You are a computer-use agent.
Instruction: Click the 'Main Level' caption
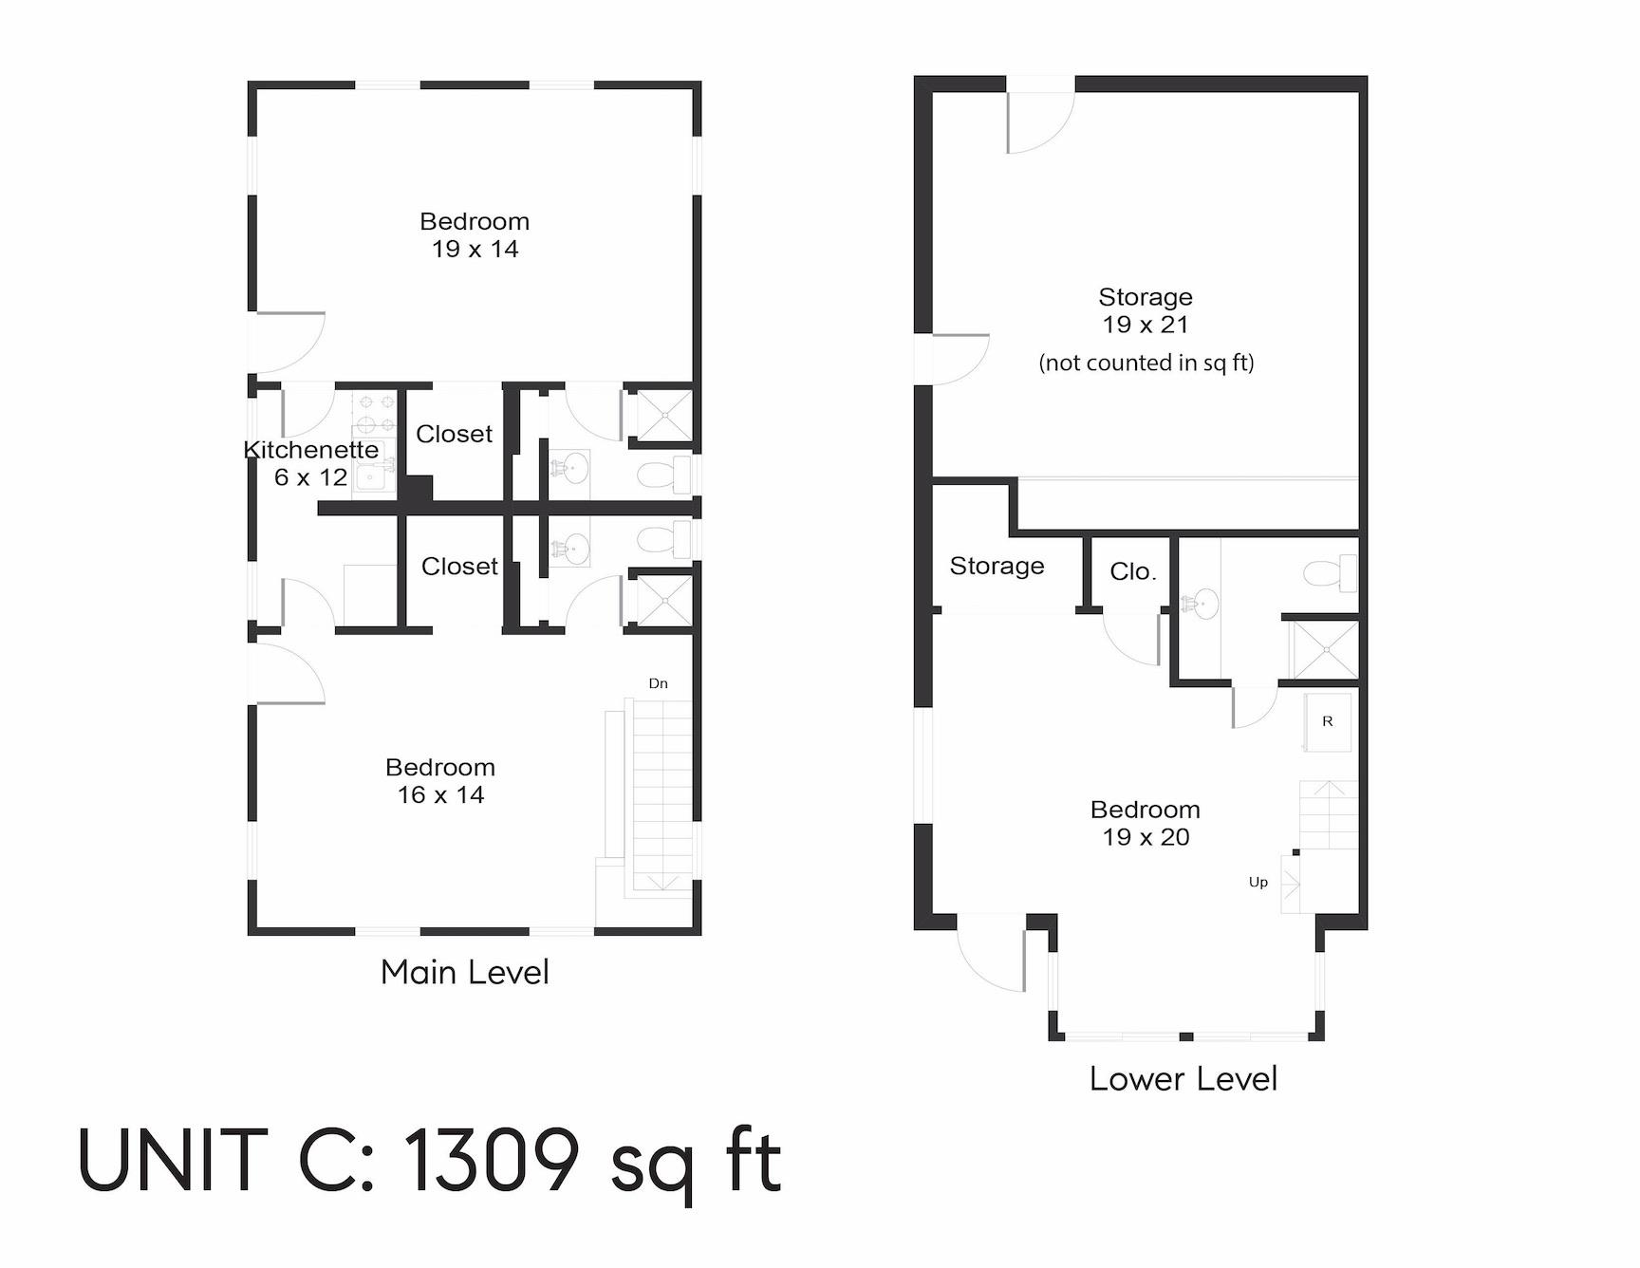464,972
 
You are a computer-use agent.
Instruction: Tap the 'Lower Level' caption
1183,1079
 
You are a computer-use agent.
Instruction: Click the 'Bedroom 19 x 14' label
475,235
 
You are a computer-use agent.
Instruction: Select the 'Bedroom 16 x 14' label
440,781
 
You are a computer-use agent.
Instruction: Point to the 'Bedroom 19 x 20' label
1146,823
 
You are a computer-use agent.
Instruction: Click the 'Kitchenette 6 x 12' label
310,463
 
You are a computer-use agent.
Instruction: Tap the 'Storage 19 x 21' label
1146,310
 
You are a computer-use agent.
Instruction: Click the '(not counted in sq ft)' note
1146,363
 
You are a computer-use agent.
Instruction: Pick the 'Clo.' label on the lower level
1132,571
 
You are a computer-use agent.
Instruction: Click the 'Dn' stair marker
658,683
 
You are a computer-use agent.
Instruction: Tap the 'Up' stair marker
1258,882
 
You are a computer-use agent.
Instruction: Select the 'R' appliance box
1328,721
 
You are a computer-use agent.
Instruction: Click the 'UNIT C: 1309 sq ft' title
429,1162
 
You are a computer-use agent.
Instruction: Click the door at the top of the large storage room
1040,119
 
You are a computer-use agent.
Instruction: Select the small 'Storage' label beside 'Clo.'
997,566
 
